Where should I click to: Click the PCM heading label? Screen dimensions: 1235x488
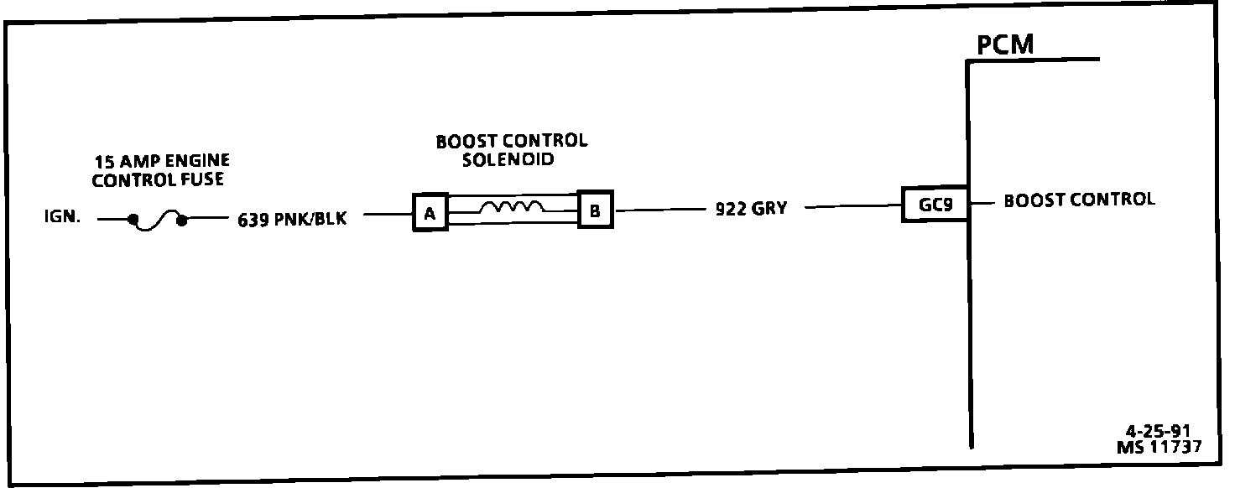point(1005,45)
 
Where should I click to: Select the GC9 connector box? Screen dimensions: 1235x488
point(934,204)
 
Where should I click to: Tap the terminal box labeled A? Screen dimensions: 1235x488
point(430,213)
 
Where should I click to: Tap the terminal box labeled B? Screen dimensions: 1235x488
point(595,210)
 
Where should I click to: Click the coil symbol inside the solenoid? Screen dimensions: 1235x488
point(513,205)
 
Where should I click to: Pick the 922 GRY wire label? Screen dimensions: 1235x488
point(751,209)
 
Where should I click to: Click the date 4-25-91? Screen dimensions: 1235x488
point(1158,432)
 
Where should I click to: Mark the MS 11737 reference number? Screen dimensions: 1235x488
point(1158,447)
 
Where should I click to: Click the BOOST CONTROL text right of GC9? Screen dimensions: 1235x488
point(1079,200)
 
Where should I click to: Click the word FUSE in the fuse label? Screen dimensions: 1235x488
point(201,180)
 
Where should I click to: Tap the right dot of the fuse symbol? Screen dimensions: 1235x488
point(182,220)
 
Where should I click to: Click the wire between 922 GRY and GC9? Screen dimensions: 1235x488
point(852,206)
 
